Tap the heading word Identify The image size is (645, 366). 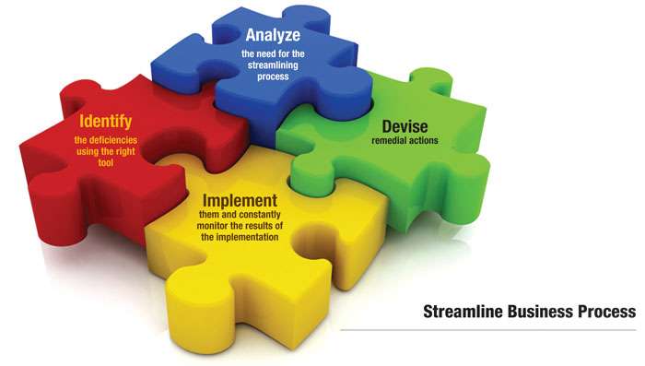pyautogui.click(x=106, y=122)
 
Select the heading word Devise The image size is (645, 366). pyautogui.click(x=398, y=127)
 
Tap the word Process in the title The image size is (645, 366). pyautogui.click(x=608, y=312)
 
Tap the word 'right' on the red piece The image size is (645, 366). pyautogui.click(x=127, y=150)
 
